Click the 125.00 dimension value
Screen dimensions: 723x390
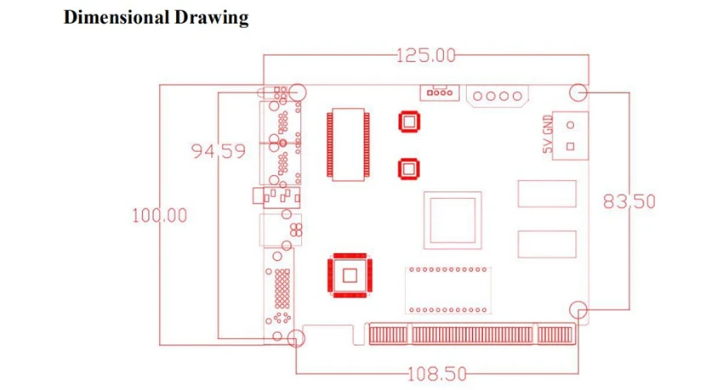point(425,56)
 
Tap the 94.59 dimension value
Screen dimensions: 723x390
point(219,151)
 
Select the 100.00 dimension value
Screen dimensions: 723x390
point(160,216)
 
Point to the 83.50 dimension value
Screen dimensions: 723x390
point(629,201)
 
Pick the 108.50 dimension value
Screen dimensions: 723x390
point(437,374)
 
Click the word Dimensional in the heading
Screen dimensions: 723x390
point(117,18)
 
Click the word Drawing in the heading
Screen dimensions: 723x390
point(212,18)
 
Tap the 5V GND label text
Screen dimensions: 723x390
point(547,134)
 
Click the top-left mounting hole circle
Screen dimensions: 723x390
point(298,84)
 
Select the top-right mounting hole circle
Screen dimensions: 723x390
point(578,84)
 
